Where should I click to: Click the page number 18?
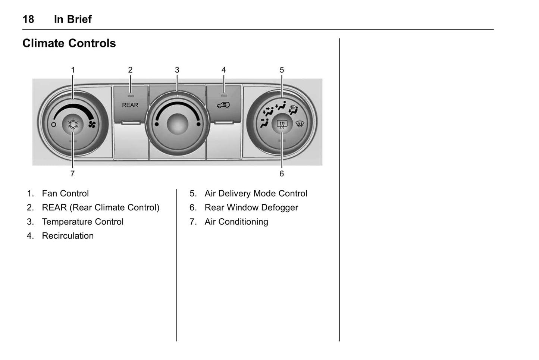coord(28,19)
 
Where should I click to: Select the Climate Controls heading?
coord(69,43)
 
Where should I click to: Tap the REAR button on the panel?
coord(130,105)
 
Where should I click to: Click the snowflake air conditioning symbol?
coord(73,124)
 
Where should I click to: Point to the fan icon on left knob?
coord(92,124)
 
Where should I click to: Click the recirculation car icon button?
coord(223,105)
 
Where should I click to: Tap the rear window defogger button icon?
coord(282,124)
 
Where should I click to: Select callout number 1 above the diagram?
coord(73,70)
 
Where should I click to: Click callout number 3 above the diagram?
coord(177,70)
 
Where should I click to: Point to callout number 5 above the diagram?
coord(282,70)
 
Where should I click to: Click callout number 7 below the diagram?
coord(72,173)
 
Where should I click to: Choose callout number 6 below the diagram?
coord(282,173)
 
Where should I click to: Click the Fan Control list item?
coord(65,193)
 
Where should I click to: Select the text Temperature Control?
coord(82,222)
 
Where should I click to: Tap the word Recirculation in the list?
coord(68,236)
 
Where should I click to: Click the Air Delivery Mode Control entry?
coord(256,193)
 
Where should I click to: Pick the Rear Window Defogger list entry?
coord(251,207)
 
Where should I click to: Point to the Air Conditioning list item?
coord(236,222)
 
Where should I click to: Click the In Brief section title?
coord(73,19)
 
